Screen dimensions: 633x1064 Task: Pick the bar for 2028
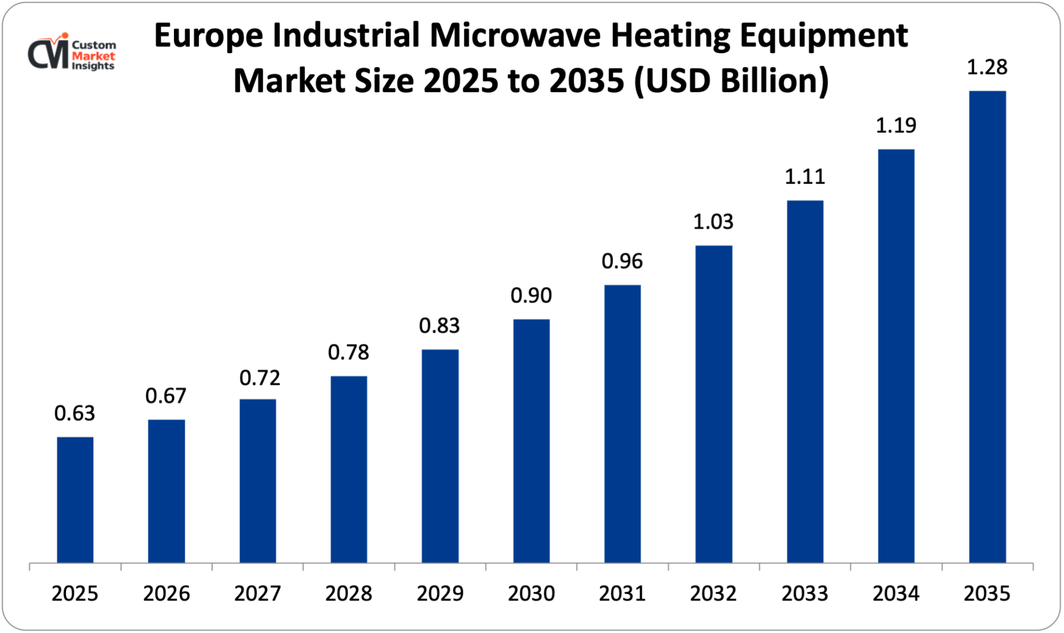tap(348, 469)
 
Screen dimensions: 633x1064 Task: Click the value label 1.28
tap(987, 68)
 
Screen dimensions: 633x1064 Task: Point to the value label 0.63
tap(74, 414)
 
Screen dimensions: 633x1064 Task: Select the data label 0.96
tap(622, 261)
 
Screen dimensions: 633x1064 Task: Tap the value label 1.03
tap(713, 222)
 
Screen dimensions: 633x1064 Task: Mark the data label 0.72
tap(260, 379)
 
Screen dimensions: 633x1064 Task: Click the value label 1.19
tap(896, 126)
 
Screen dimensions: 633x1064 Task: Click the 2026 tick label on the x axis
tap(166, 594)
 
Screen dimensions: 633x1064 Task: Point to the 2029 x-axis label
tap(440, 594)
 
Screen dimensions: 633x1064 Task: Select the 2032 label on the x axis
tap(713, 594)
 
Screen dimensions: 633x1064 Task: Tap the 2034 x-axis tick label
tap(896, 594)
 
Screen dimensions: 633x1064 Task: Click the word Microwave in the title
tap(516, 36)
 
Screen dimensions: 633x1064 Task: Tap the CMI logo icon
tap(48, 52)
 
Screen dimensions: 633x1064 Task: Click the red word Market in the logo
tap(93, 56)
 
